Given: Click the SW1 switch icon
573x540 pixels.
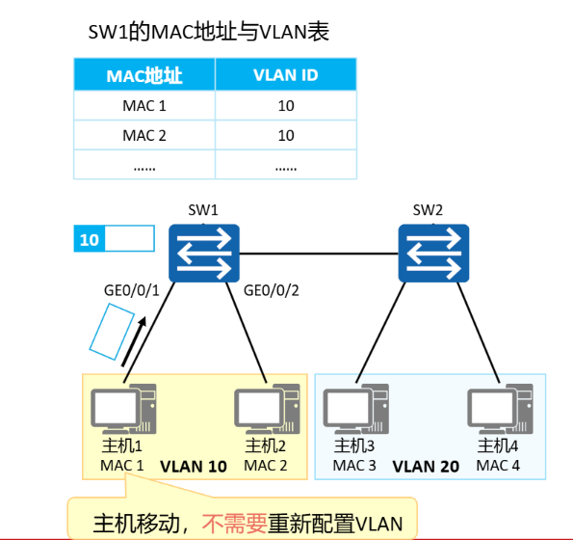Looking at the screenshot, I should coord(203,253).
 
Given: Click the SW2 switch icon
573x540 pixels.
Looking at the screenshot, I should coord(434,253).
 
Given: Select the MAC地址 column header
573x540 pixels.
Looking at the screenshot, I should coord(144,75).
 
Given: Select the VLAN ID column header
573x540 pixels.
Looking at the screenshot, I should coord(285,75).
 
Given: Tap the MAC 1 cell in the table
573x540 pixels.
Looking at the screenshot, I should coord(144,105).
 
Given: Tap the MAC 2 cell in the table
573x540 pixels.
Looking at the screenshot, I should coord(144,135).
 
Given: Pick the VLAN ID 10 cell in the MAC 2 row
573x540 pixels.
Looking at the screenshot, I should coord(285,135).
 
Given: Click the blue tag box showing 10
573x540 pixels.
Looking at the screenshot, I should coord(90,238).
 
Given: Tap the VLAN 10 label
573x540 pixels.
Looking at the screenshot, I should coord(193,466).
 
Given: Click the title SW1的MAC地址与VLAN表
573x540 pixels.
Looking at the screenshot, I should coord(209,33).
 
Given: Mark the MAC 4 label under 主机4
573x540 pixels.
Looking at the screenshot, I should coord(499,466).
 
